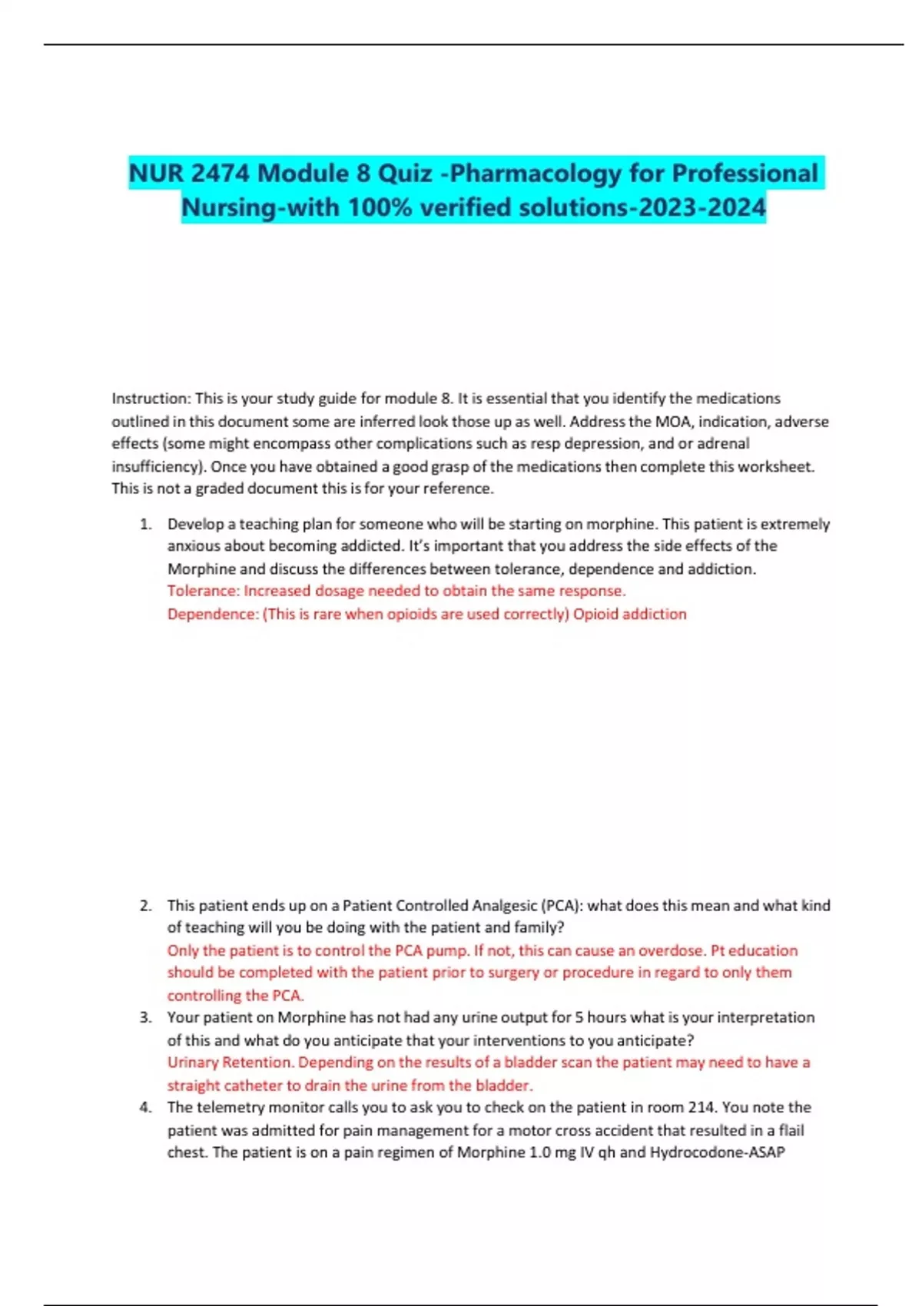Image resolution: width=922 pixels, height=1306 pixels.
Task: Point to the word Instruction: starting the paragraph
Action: coord(151,399)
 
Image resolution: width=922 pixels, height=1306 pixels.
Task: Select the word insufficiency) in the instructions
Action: coord(158,466)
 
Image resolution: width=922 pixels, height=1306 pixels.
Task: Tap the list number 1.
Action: coord(146,525)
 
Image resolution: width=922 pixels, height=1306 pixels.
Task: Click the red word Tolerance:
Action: coord(204,591)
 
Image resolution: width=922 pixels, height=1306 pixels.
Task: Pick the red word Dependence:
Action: coord(213,614)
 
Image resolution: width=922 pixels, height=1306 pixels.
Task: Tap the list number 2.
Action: coord(146,906)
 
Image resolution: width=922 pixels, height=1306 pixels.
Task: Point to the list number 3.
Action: coord(146,1018)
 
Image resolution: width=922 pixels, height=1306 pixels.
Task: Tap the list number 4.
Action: coord(146,1108)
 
